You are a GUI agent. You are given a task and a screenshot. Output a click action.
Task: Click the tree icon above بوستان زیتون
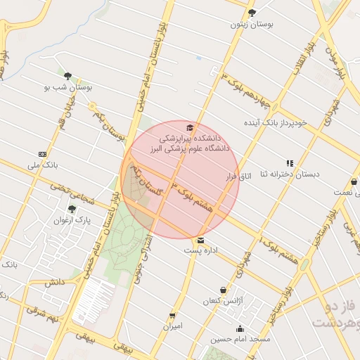coord(252,12)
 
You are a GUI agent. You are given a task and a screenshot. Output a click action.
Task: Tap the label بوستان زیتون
coord(251,24)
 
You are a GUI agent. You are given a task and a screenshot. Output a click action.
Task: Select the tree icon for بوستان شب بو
coord(67,76)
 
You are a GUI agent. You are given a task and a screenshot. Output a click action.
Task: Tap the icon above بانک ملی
coord(43,153)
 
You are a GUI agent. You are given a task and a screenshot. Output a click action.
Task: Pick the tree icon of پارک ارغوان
coord(71,209)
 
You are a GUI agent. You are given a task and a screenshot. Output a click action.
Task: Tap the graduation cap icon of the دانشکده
coord(189,127)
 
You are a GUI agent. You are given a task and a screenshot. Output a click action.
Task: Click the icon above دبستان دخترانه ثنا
coord(289,162)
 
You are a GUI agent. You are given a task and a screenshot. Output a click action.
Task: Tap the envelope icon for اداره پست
coord(201,240)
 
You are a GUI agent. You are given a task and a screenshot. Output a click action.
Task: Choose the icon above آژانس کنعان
coord(224,290)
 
